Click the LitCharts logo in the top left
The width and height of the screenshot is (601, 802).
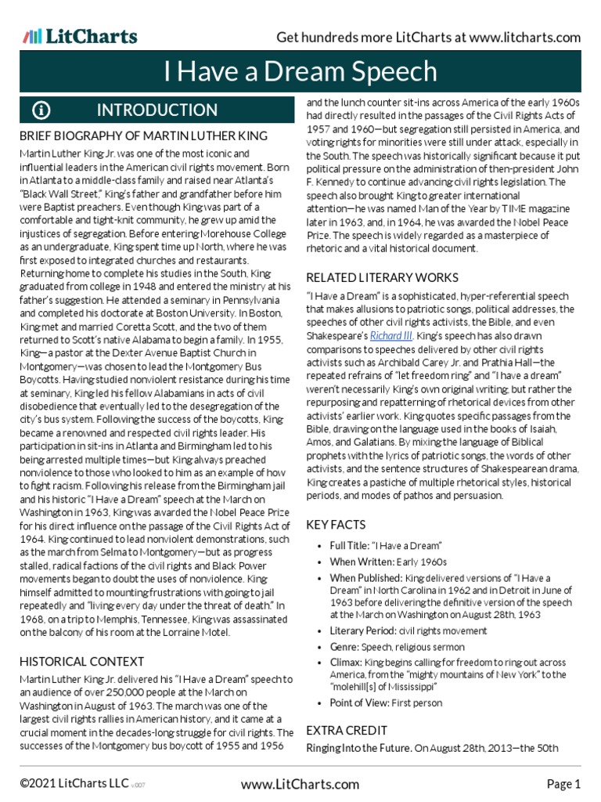[80, 36]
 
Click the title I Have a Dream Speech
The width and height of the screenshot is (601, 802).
[300, 72]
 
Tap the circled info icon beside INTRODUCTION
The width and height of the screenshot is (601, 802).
[41, 110]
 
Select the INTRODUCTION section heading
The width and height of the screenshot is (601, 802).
[157, 110]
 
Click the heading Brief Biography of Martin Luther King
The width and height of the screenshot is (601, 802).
[143, 136]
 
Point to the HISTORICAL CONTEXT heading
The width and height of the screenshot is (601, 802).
[81, 663]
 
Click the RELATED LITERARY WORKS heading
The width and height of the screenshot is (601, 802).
[382, 278]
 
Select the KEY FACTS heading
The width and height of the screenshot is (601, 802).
[336, 525]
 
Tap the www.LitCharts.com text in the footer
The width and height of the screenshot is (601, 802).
[300, 784]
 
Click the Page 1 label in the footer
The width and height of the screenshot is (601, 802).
[563, 784]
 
